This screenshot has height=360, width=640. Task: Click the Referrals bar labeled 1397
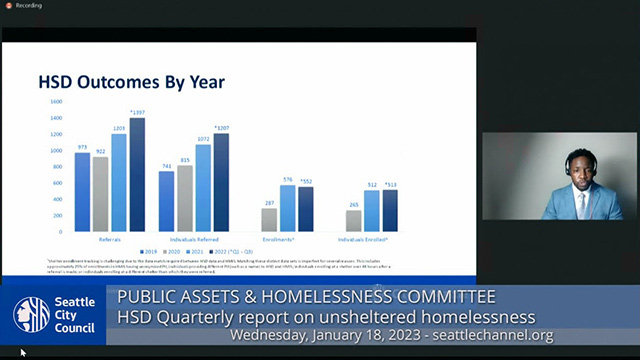point(137,175)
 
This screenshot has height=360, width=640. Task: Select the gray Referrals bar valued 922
point(100,194)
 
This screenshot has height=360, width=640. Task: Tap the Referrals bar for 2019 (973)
point(82,192)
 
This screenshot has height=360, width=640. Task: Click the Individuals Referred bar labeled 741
point(166,201)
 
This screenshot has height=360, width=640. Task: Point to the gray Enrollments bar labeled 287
point(269,220)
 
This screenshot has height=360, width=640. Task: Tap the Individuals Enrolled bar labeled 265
point(354,221)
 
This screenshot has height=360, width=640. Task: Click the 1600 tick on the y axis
point(55,102)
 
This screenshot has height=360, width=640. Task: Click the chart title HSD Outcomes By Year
point(130,81)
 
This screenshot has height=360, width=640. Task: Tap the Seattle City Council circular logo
point(32,314)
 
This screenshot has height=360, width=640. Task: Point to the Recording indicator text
point(28,6)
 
